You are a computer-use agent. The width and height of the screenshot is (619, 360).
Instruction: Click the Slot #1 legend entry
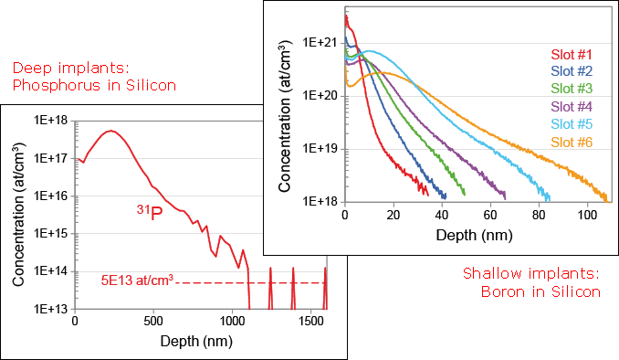coord(573,53)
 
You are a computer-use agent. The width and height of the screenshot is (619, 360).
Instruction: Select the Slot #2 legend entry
coord(573,70)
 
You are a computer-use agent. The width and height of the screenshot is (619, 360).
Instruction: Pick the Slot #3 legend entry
coord(573,88)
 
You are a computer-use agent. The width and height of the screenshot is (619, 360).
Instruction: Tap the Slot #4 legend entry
coord(573,106)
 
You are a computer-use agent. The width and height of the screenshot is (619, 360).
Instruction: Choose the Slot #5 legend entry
coord(573,123)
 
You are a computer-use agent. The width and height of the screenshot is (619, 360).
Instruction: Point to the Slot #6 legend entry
coord(573,142)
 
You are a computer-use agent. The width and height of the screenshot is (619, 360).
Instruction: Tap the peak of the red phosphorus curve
coord(111,131)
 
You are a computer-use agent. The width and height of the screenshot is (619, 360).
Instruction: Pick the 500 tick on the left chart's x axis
coord(153,322)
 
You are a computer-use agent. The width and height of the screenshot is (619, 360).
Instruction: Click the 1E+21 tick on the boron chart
coord(320,42)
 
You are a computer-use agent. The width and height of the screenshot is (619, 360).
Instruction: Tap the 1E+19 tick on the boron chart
coord(320,146)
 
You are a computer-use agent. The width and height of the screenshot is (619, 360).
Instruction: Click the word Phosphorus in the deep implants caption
coord(44,86)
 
